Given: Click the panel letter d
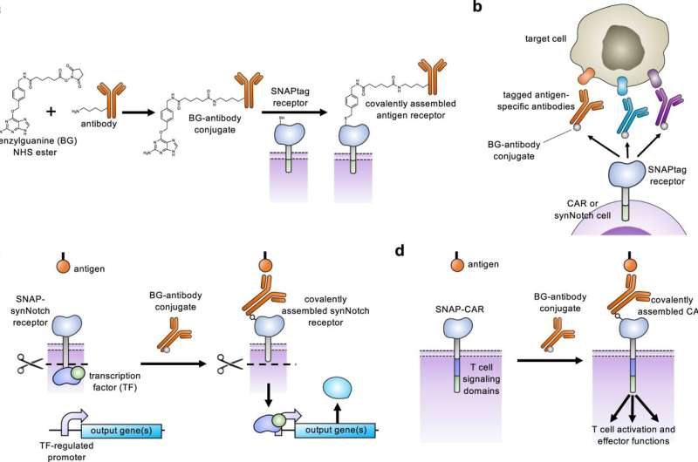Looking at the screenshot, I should pos(400,252).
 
